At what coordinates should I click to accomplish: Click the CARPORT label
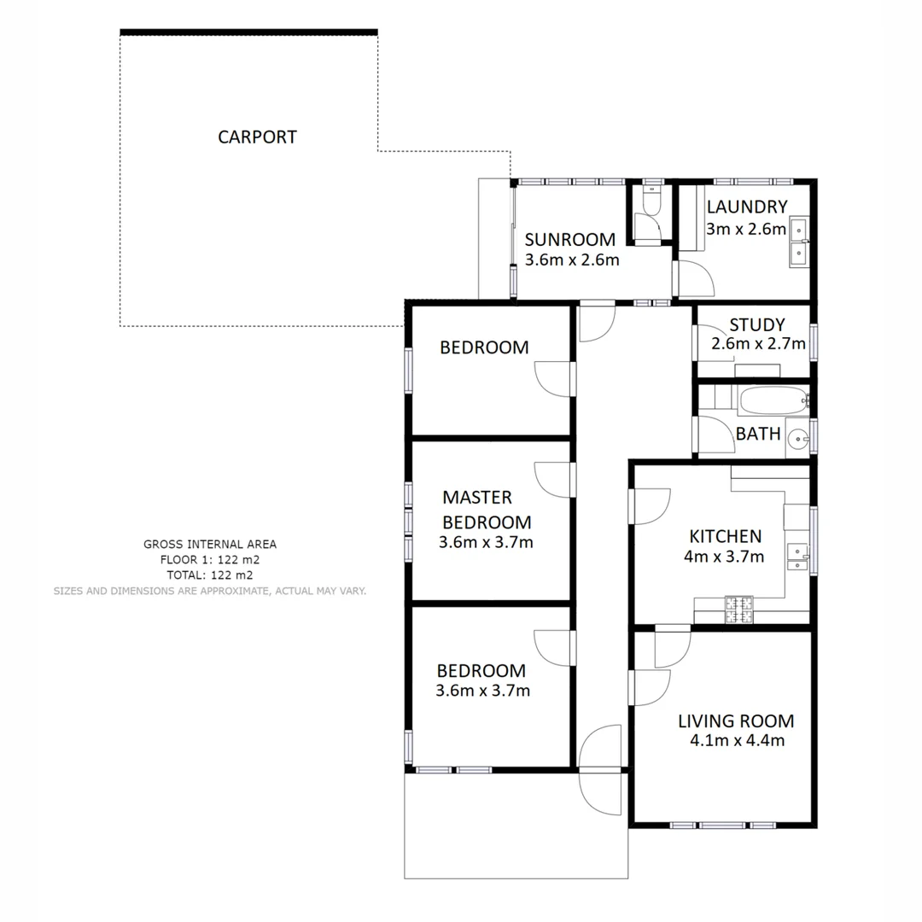click(257, 137)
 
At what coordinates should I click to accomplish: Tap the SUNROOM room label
click(569, 239)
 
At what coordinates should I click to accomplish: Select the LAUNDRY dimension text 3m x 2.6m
click(746, 229)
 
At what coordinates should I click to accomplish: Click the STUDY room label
click(756, 324)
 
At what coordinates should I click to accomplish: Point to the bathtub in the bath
click(773, 399)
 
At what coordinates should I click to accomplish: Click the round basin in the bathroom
click(797, 438)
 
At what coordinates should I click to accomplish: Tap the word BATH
click(758, 434)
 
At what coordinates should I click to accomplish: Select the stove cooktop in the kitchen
click(740, 608)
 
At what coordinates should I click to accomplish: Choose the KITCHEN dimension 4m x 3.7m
click(726, 557)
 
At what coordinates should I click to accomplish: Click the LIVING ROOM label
click(736, 721)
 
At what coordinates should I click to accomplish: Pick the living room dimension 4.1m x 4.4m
click(737, 740)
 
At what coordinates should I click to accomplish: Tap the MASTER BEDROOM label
click(487, 510)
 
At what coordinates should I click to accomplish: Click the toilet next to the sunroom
click(652, 201)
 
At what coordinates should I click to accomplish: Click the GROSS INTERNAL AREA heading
click(209, 544)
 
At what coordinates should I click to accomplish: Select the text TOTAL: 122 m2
click(209, 575)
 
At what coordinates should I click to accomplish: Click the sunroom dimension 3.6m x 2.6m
click(571, 260)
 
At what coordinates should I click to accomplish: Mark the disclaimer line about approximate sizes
click(209, 590)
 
